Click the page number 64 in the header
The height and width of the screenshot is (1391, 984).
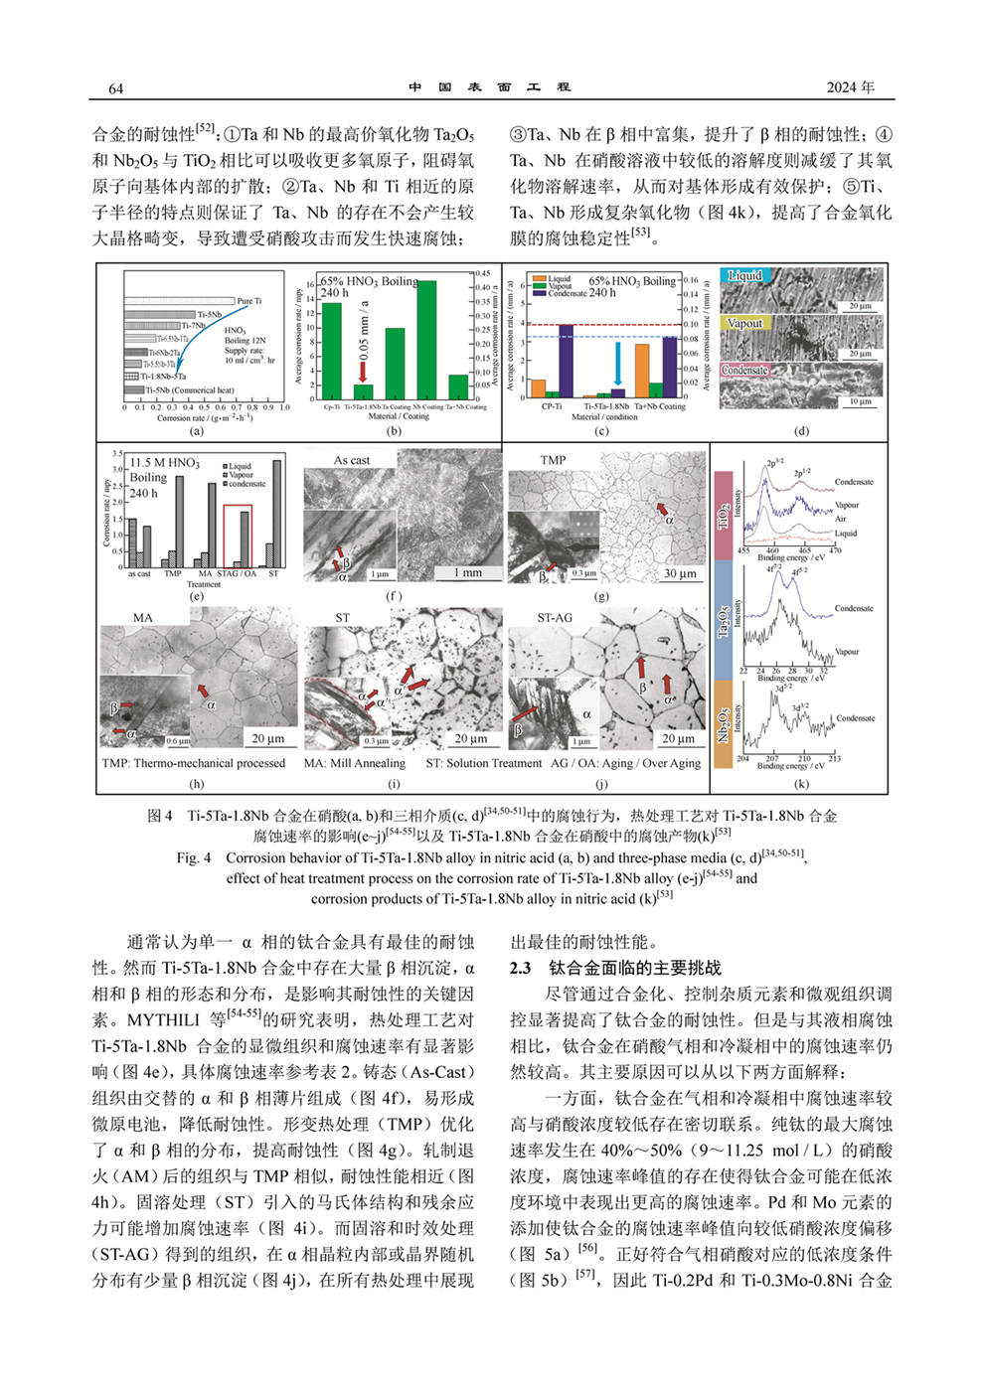[x=115, y=88]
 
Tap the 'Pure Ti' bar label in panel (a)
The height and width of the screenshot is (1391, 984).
[x=248, y=301]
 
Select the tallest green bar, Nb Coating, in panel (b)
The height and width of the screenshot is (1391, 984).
[x=426, y=340]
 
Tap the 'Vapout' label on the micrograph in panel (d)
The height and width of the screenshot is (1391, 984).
[x=744, y=323]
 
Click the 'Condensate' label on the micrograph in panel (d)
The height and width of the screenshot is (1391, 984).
[x=745, y=370]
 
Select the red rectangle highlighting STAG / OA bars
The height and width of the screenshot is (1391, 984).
[x=237, y=537]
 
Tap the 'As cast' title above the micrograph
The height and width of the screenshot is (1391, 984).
[x=351, y=460]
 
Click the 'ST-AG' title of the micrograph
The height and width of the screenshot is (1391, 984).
[x=555, y=617]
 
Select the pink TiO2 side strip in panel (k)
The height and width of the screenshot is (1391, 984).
[x=723, y=516]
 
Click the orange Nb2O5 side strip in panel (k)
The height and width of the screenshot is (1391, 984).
[x=723, y=725]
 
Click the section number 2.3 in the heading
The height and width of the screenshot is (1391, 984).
[x=521, y=968]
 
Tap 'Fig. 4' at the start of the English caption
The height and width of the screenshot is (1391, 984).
[x=194, y=857]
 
